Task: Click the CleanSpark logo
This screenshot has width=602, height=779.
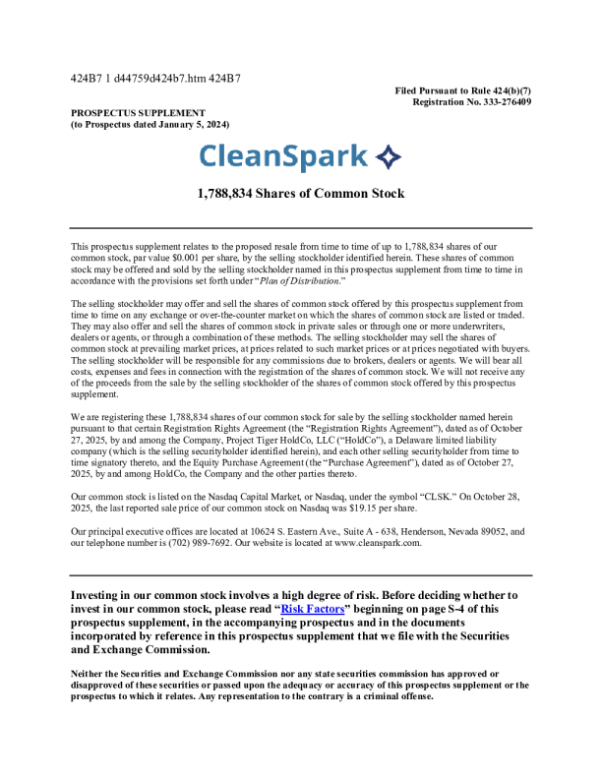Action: [x=300, y=156]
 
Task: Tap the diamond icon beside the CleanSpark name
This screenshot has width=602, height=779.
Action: [x=390, y=156]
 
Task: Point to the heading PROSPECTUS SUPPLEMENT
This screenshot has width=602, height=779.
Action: [x=138, y=113]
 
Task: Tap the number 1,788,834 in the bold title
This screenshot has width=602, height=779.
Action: [x=230, y=194]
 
